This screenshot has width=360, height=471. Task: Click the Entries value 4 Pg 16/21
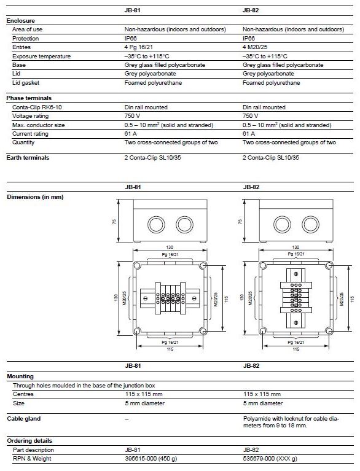click(138, 47)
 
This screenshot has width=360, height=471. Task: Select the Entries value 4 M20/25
click(255, 47)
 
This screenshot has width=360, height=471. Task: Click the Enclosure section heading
click(20, 21)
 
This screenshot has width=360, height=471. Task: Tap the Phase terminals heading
click(29, 98)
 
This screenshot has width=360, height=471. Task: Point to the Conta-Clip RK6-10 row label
click(37, 107)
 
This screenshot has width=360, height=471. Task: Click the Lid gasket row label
click(26, 83)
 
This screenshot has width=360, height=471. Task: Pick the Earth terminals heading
click(28, 158)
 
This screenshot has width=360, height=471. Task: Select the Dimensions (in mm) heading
click(35, 197)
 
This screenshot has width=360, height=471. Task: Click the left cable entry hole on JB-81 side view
click(156, 224)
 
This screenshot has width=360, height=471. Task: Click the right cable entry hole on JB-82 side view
click(310, 224)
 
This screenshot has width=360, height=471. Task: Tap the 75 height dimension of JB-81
click(114, 222)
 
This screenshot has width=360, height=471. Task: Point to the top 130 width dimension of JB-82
click(295, 247)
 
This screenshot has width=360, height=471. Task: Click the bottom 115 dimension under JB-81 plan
click(170, 349)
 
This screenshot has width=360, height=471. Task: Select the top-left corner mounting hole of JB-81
click(137, 265)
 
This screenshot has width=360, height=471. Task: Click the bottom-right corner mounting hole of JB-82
click(329, 332)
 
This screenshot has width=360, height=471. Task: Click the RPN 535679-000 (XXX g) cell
click(270, 459)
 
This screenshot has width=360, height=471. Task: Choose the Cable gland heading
click(24, 419)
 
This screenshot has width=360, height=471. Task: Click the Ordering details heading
click(29, 441)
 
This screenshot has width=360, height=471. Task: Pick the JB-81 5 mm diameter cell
click(145, 403)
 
